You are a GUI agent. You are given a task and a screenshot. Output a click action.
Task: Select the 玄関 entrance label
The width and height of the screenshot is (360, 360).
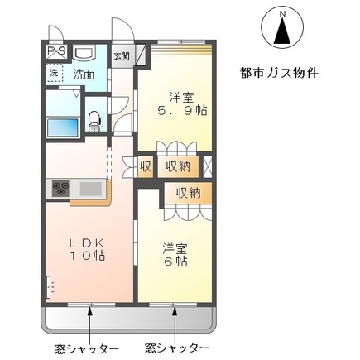click(x=122, y=56)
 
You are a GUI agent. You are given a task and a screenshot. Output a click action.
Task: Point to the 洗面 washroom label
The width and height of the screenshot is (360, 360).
click(x=83, y=74)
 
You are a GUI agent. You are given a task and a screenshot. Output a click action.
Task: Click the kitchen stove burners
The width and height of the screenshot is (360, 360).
click(x=61, y=189)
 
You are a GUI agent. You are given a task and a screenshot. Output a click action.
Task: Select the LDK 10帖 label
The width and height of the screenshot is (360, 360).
click(x=86, y=249)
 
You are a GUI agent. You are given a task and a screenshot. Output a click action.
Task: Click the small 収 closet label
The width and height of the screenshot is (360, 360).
click(x=145, y=166)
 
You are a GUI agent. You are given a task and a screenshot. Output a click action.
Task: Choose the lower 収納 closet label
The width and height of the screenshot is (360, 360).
click(x=188, y=192)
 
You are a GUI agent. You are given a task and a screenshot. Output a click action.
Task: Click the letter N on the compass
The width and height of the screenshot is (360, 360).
click(x=281, y=14)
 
